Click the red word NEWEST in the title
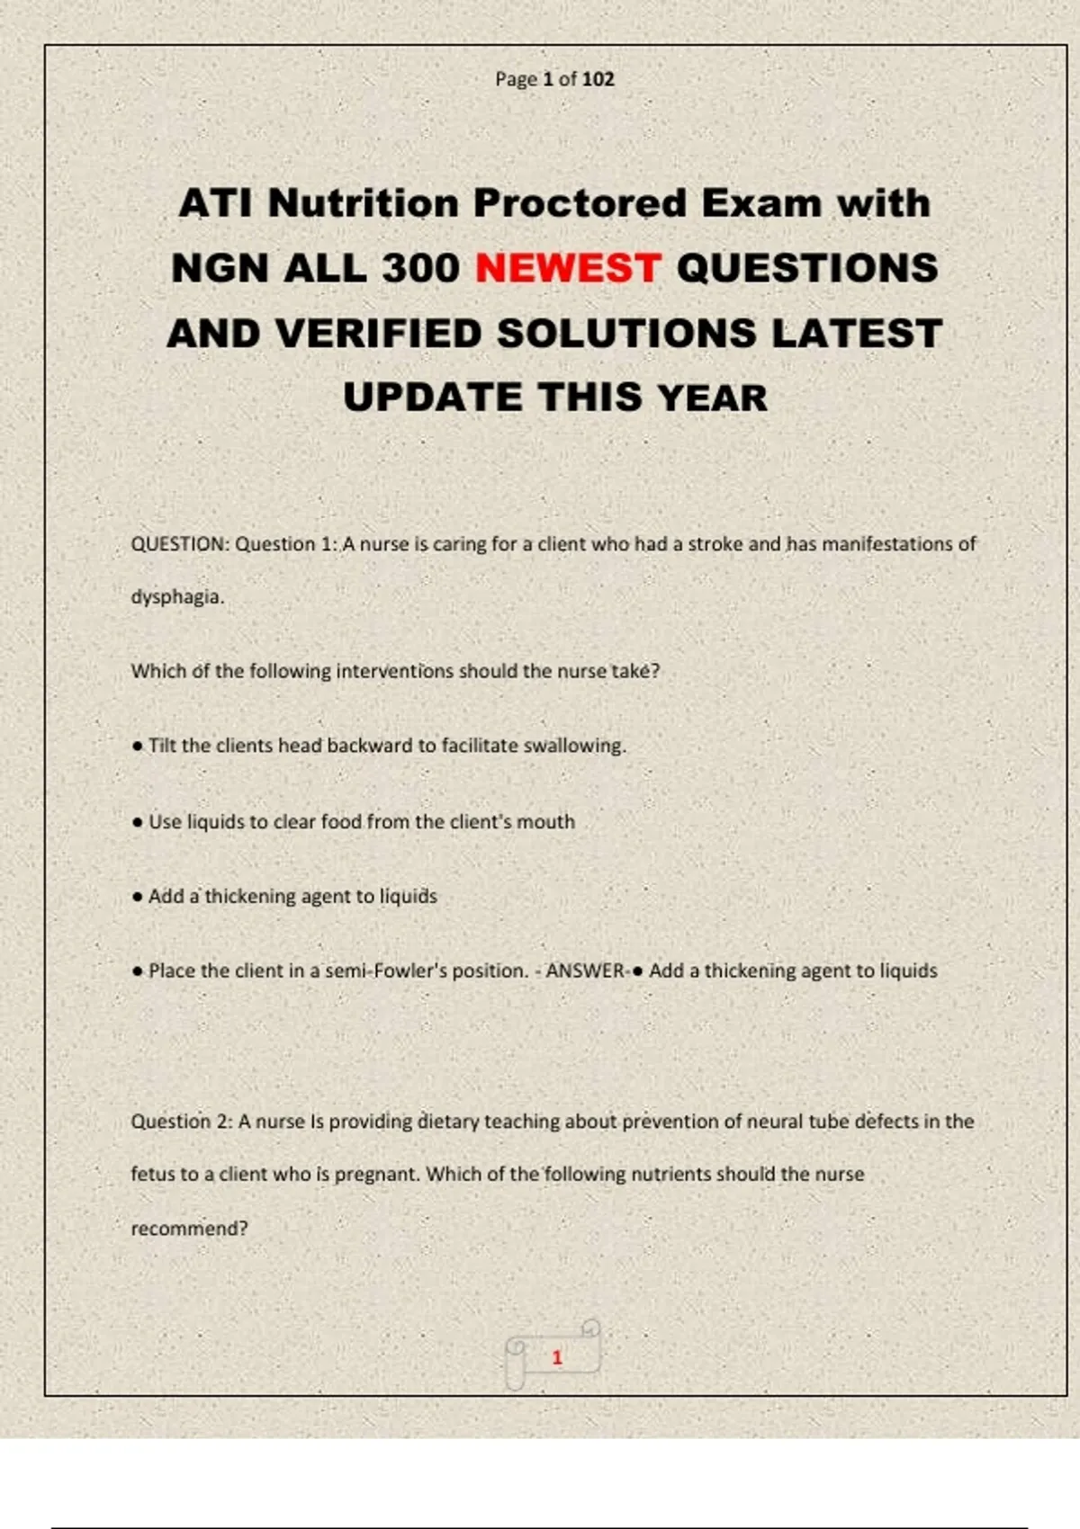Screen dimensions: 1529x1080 [568, 268]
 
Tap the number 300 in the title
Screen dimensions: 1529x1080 [420, 268]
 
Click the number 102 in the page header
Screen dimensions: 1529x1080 [598, 79]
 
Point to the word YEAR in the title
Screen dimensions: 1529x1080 [712, 398]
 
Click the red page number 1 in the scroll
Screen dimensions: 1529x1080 [557, 1357]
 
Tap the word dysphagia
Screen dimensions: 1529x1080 [176, 597]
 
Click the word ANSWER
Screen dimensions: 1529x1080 [585, 971]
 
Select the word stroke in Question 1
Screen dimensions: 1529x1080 [715, 544]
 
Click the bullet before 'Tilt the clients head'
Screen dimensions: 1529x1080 [137, 747]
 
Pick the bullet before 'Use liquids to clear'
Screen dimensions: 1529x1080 [137, 822]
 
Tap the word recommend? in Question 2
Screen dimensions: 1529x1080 [189, 1229]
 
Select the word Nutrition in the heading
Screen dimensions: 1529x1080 [364, 203]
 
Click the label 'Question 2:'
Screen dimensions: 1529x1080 [182, 1122]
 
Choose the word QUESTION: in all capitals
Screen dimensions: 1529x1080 [181, 544]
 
